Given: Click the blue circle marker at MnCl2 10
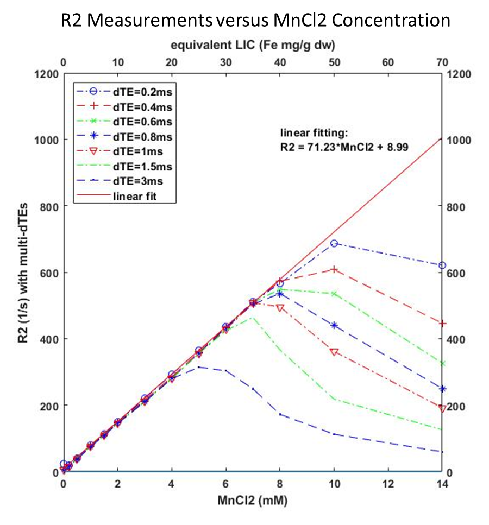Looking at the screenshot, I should [334, 244].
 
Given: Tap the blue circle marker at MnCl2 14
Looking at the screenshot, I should [442, 265].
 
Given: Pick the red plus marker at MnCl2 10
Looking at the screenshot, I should [334, 269].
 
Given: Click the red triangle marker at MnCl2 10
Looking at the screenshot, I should [334, 352].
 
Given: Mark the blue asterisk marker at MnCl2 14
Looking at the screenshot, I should [442, 389].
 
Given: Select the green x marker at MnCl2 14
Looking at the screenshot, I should [442, 363].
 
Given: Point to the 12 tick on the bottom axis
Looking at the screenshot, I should [388, 484].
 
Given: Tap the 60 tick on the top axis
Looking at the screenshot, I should [388, 62].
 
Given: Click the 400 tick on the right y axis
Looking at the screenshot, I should [456, 339].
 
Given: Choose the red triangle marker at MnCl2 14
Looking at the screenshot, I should [442, 408].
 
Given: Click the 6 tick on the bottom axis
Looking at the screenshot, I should [226, 484].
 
